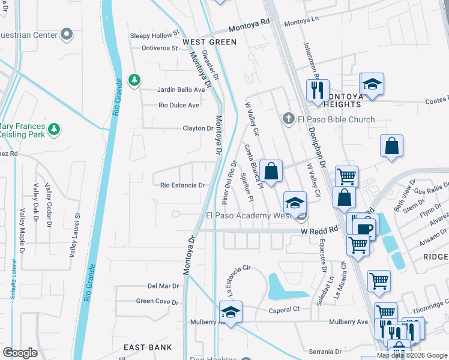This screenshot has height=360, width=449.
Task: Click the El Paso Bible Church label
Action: point(336,119)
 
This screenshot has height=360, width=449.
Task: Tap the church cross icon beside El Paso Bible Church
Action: point(289,119)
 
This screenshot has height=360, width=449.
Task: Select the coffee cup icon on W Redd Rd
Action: point(364,229)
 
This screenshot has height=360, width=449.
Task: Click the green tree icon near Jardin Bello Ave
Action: point(134,80)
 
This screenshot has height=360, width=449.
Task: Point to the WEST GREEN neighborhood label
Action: point(209,42)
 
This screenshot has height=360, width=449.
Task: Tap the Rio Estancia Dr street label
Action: point(182,185)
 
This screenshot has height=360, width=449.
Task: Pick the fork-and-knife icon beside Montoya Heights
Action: point(317,91)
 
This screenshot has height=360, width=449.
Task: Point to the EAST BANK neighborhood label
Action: point(148,347)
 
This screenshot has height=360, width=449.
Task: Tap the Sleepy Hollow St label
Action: point(155,35)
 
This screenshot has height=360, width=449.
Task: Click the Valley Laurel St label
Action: point(75,233)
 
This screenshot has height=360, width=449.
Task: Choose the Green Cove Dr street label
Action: point(158,301)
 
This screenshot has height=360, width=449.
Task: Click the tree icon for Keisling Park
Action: point(54,129)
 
